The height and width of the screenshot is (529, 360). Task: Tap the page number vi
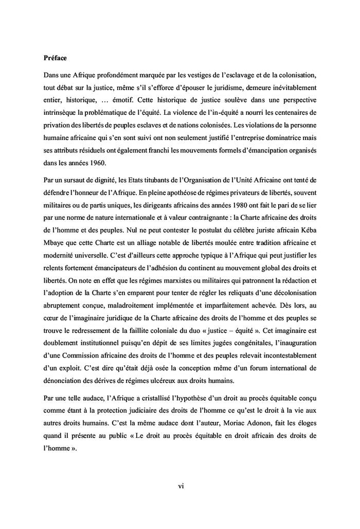click(181, 484)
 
